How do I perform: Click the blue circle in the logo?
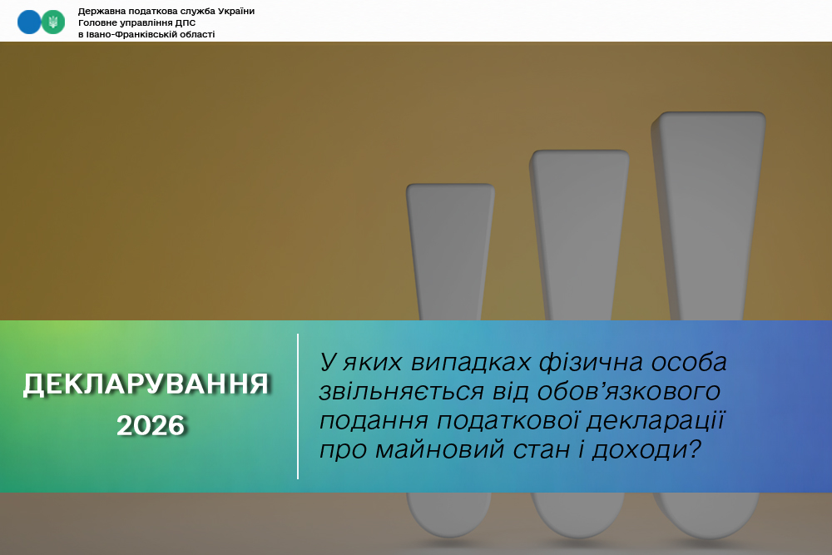click(29, 22)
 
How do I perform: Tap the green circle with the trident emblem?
click(53, 22)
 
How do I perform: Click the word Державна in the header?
click(102, 11)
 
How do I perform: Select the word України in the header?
click(236, 11)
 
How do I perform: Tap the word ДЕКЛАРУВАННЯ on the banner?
click(146, 384)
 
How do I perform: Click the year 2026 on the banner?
click(151, 425)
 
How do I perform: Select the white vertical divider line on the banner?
click(298, 406)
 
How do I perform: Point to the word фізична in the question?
click(591, 363)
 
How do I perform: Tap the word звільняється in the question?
click(402, 392)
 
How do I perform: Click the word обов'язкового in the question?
click(628, 392)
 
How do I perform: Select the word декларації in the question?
click(656, 421)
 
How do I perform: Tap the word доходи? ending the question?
click(646, 450)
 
